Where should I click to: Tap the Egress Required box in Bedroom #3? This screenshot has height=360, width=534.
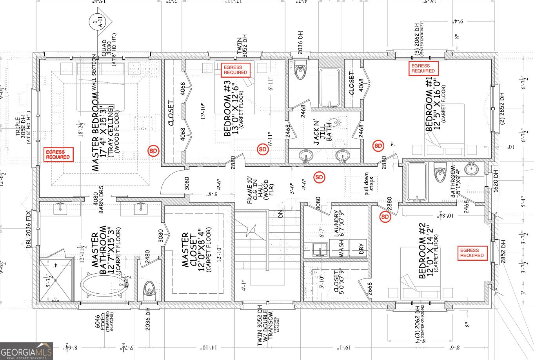coord(235,70)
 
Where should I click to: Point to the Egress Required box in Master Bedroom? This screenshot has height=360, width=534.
coord(58,155)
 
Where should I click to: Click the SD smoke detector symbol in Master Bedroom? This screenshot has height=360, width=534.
coord(154,150)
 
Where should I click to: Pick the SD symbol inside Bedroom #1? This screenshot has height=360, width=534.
coord(378,146)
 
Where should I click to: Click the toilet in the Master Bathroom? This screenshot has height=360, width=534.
coord(149,288)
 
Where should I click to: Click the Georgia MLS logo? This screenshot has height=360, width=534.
coord(26,351)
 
